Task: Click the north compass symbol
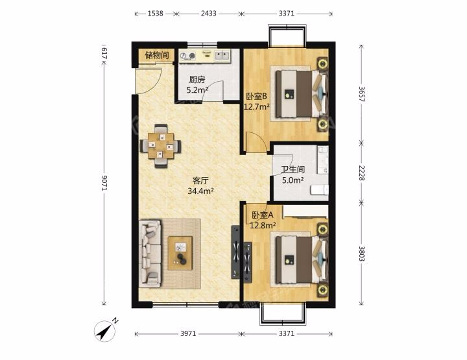click(x=106, y=330)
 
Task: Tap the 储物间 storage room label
click(x=157, y=55)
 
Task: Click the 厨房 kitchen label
click(x=197, y=80)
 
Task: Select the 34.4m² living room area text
click(x=200, y=191)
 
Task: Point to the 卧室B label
click(x=256, y=97)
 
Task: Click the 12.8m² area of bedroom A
click(x=263, y=226)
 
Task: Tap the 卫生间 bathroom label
click(x=293, y=169)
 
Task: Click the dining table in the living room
click(x=161, y=146)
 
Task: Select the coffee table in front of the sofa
click(x=180, y=253)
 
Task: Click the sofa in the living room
click(x=150, y=253)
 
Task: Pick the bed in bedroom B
click(x=302, y=93)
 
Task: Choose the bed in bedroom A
click(x=302, y=259)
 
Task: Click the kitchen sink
click(x=222, y=55)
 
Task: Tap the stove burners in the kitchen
click(x=188, y=55)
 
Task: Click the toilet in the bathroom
click(x=319, y=190)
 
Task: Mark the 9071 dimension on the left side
click(x=104, y=183)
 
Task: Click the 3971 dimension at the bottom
click(x=188, y=333)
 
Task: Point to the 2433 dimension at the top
click(x=208, y=14)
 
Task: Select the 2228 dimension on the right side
click(x=361, y=173)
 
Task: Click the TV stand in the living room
click(x=235, y=252)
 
